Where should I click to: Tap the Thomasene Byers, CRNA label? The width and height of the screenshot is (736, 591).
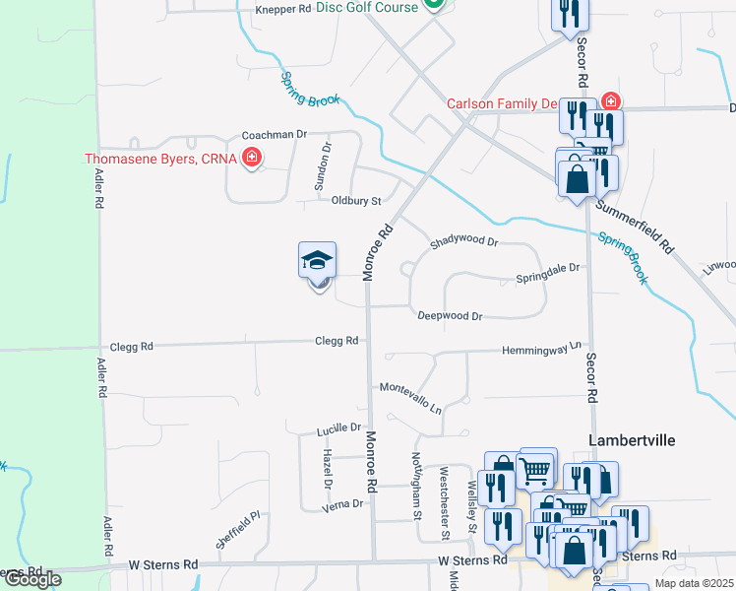(162, 158)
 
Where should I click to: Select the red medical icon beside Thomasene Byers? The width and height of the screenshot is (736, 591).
(252, 158)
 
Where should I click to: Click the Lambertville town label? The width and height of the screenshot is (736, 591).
(632, 440)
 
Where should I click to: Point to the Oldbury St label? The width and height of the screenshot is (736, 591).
(355, 201)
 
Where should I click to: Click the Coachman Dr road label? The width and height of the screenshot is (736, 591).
(276, 134)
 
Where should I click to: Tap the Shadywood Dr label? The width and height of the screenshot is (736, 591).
(464, 242)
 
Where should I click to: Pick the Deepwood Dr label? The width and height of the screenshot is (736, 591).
(450, 316)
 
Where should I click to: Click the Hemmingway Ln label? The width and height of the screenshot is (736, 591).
(542, 350)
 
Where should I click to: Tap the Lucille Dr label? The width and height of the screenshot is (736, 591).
(337, 429)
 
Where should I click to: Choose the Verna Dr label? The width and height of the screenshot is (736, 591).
(344, 503)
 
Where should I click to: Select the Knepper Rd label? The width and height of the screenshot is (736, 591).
(282, 10)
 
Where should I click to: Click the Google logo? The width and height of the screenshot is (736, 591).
(31, 579)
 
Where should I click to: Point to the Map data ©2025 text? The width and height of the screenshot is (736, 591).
(695, 583)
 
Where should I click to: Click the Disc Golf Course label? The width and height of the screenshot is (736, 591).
(367, 7)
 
